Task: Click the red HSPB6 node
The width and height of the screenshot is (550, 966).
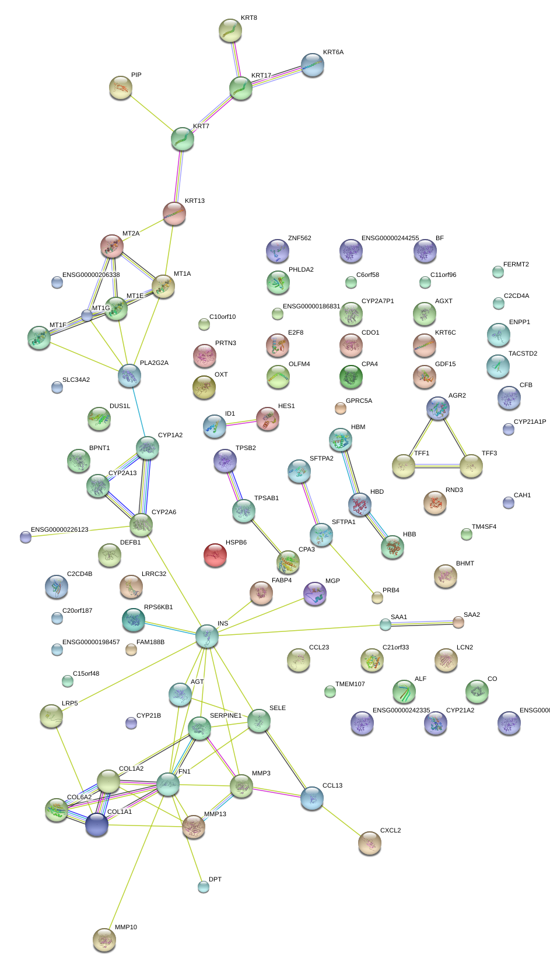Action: coord(215,555)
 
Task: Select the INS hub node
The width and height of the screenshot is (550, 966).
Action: coord(206,636)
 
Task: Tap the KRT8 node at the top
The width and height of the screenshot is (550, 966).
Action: coord(230,30)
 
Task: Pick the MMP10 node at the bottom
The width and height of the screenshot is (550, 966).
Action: coord(104,939)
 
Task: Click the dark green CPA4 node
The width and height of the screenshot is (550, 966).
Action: coord(351,377)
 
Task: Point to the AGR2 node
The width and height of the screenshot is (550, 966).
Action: coord(437,408)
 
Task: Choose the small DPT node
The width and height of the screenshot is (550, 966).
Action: coord(203,887)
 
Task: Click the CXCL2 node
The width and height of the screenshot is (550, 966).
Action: coord(369,842)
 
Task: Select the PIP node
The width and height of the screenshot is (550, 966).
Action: coord(121,87)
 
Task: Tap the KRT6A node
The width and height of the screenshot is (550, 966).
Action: coord(313,65)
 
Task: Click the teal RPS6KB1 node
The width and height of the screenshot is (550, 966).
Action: coord(133,620)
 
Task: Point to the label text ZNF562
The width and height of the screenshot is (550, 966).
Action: coord(299,238)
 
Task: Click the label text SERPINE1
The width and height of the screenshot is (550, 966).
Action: coord(225,715)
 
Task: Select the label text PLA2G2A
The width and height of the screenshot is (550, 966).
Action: coord(154,363)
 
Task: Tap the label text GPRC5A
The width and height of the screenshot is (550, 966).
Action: coord(359,401)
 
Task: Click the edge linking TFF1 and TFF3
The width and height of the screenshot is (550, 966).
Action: coord(437,465)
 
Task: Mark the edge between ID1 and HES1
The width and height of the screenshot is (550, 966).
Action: coord(241,423)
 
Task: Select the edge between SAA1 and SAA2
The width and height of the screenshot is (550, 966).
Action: coord(422,624)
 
